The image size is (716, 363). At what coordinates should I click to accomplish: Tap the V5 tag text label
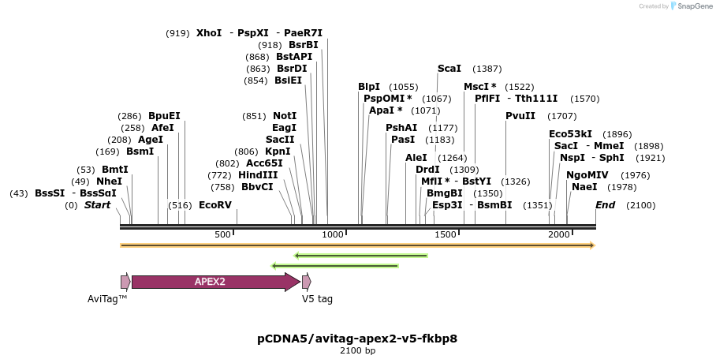coord(318,300)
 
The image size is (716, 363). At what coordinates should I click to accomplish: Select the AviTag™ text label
coord(107,300)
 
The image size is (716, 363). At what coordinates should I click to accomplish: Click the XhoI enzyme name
coord(209,33)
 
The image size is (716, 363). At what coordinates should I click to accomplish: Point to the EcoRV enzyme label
coord(215,205)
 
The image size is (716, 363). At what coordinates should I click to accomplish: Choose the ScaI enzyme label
coord(449,69)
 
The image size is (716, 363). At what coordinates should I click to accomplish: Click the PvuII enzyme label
coord(520,116)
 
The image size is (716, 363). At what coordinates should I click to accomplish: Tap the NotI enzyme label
coord(285,116)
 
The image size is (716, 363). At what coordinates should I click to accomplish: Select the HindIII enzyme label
coord(258,175)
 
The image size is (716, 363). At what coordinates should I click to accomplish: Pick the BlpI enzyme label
coord(369,87)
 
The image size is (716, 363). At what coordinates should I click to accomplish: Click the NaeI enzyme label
coord(584,187)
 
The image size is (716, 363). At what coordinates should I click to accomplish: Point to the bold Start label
coord(97,205)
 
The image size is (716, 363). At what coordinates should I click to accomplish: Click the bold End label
coord(606,205)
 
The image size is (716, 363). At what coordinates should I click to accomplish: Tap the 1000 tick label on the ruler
coord(333,235)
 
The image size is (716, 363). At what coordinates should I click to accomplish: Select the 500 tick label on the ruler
coord(223,235)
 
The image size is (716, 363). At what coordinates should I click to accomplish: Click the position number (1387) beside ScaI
coord(487,69)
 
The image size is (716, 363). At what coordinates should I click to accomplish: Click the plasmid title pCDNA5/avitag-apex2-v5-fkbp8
coord(357,339)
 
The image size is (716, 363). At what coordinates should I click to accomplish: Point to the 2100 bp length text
coord(357,351)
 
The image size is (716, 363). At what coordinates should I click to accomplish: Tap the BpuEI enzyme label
coord(164,116)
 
